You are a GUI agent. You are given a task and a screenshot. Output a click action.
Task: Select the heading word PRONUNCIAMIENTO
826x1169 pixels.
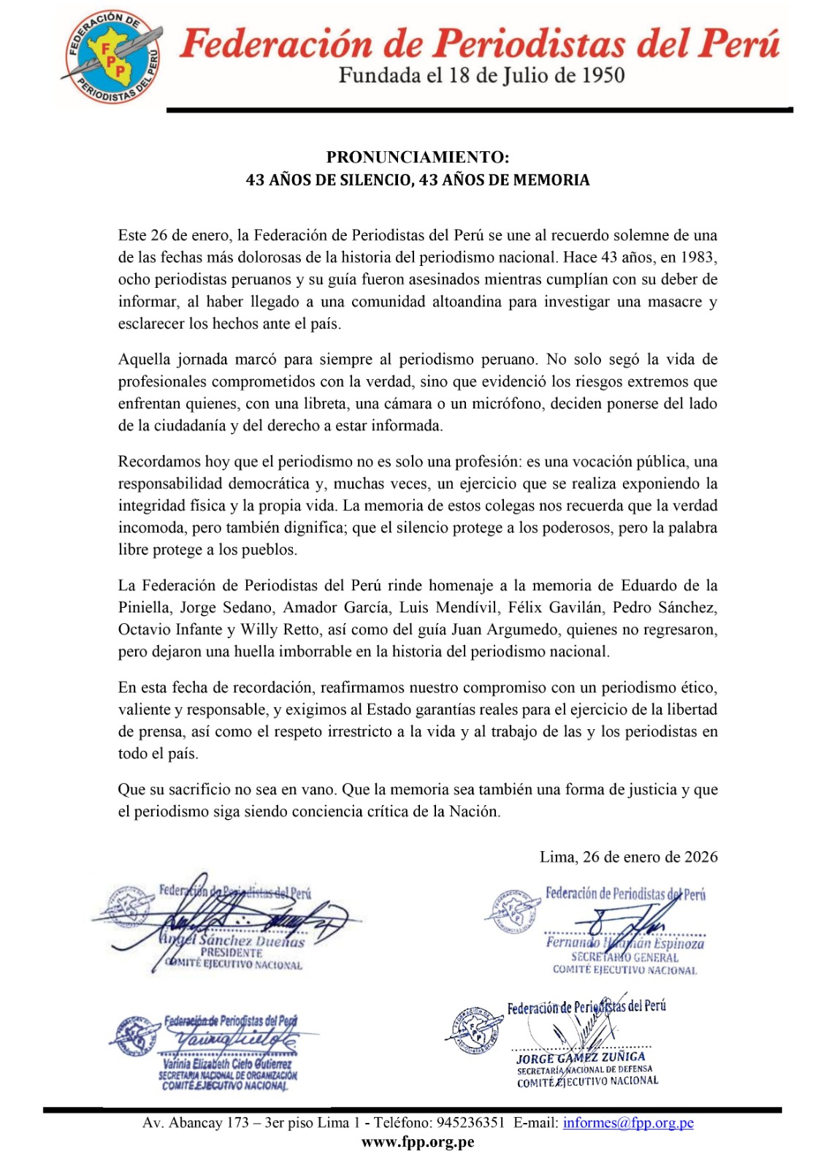pos(416,157)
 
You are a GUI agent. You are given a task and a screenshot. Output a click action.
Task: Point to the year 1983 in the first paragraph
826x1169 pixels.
pos(698,257)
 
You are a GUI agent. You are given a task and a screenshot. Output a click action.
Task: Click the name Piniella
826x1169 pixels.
pos(145,608)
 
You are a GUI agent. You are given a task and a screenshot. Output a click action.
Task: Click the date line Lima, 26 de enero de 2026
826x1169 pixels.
pos(628,857)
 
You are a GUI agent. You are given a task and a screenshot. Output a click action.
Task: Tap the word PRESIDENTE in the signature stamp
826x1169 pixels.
pos(232,953)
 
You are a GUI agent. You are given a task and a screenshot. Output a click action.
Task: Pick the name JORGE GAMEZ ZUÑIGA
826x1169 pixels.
pos(581,1057)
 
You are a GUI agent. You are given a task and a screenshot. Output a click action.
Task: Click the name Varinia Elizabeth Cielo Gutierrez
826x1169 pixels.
pos(226,1064)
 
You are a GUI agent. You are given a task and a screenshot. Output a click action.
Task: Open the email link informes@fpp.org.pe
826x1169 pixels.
pos(627,1123)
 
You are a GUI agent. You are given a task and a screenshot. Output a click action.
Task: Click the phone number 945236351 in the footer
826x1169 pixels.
pos(470,1123)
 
